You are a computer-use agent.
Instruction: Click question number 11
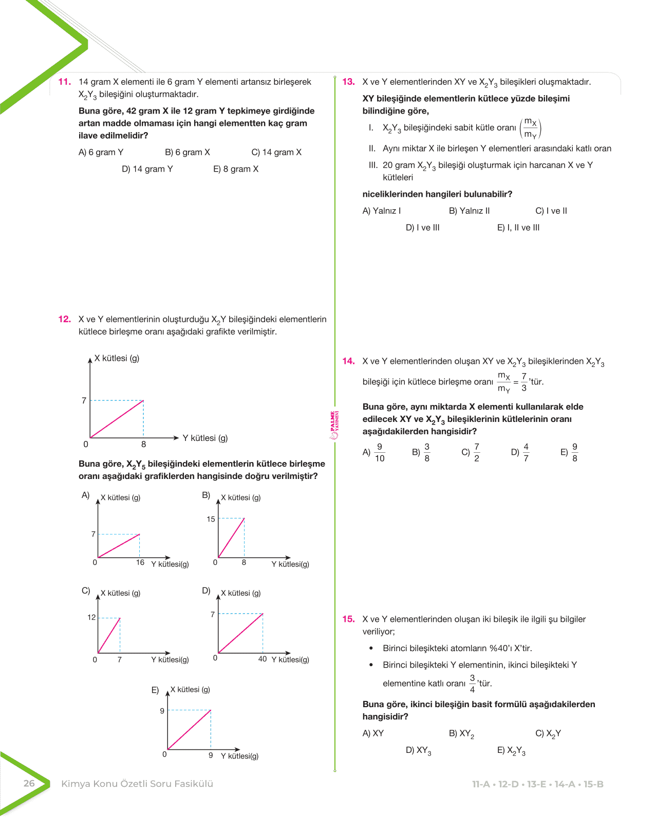pyautogui.click(x=64, y=82)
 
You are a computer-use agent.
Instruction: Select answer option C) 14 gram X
pyautogui.click(x=276, y=152)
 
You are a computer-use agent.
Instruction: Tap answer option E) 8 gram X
pyautogui.click(x=236, y=169)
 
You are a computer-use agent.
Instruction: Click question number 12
pyautogui.click(x=64, y=319)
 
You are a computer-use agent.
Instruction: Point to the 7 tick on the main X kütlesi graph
pyautogui.click(x=84, y=400)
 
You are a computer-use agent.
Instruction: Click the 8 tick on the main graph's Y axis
pyautogui.click(x=143, y=445)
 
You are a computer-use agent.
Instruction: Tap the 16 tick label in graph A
pyautogui.click(x=140, y=563)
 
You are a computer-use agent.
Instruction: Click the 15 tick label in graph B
pyautogui.click(x=211, y=519)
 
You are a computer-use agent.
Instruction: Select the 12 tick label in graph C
pyautogui.click(x=91, y=617)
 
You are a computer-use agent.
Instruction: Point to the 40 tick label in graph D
pyautogui.click(x=263, y=659)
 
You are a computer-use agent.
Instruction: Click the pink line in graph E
pyautogui.click(x=189, y=730)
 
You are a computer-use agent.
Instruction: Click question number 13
pyautogui.click(x=348, y=82)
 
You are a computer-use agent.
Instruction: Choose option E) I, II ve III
pyautogui.click(x=518, y=228)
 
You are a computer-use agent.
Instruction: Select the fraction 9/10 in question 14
pyautogui.click(x=380, y=453)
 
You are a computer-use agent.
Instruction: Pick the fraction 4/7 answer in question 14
pyautogui.click(x=526, y=453)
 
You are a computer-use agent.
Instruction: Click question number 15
pyautogui.click(x=348, y=619)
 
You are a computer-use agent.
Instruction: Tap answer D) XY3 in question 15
pyautogui.click(x=418, y=750)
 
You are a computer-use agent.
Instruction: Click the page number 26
pyautogui.click(x=29, y=784)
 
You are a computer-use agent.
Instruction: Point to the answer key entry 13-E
pyautogui.click(x=536, y=784)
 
